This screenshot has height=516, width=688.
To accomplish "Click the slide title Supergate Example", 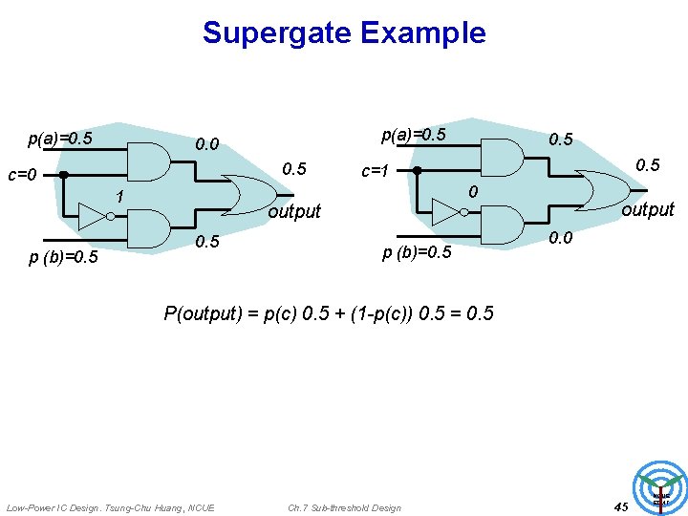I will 344,33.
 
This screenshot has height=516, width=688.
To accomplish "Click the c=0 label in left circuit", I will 21,175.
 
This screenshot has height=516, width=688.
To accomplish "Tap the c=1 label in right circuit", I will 375,172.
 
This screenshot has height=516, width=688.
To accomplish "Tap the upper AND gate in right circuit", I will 502,156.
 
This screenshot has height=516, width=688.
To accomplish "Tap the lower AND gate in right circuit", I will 502,224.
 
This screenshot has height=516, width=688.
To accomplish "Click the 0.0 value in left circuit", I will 207,145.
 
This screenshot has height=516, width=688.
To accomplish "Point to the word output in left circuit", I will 294,211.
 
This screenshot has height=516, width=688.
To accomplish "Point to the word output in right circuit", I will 647,209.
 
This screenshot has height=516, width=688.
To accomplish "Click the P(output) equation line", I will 329,312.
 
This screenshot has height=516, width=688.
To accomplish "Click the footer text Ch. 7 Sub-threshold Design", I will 344,507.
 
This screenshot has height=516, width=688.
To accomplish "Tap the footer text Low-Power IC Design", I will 110,507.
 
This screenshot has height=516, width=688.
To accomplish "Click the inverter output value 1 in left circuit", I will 119,196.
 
